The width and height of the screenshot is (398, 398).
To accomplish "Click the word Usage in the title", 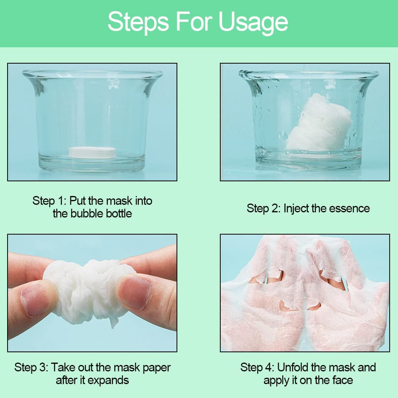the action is pyautogui.click(x=253, y=23).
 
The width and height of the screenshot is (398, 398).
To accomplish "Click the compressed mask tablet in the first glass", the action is pyautogui.click(x=92, y=152).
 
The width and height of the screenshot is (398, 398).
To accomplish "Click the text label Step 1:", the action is pyautogui.click(x=49, y=201).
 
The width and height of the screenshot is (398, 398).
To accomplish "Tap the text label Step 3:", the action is pyautogui.click(x=31, y=367).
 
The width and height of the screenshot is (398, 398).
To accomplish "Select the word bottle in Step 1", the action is pyautogui.click(x=119, y=214).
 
